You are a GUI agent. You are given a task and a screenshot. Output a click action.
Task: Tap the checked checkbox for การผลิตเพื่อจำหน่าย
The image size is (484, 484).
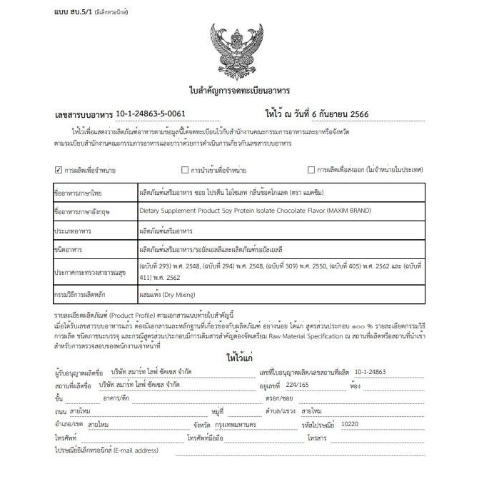(59, 170)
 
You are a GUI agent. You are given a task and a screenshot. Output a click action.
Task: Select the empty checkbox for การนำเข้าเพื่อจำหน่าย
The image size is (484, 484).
(185, 170)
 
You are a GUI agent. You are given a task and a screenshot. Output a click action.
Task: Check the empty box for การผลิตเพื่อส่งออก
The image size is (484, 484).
(311, 170)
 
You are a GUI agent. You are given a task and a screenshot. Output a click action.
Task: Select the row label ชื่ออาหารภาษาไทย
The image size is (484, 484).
(79, 193)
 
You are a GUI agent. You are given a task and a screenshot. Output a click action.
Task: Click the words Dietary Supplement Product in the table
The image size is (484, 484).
(186, 211)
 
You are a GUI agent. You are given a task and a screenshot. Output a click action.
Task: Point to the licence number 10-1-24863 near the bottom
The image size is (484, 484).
(369, 371)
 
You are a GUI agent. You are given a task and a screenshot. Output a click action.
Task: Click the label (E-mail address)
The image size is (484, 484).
(136, 450)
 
